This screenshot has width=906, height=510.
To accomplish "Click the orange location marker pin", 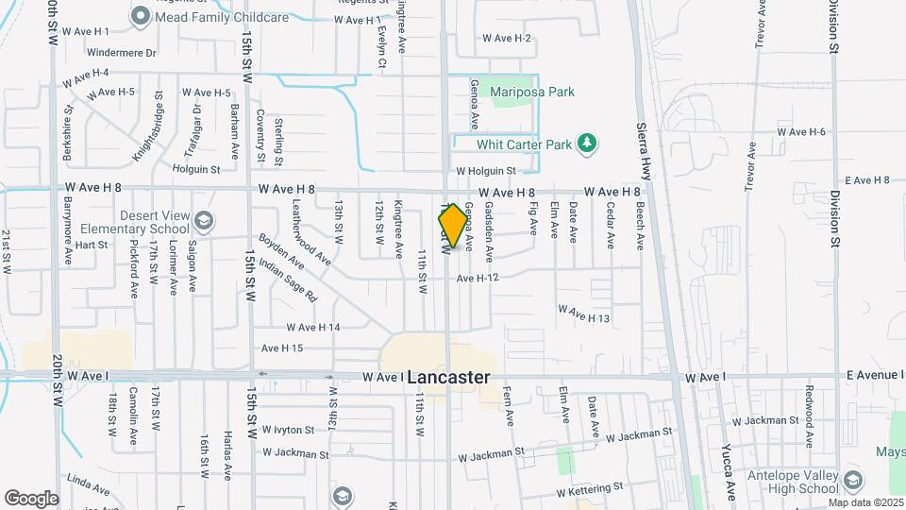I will (453, 226).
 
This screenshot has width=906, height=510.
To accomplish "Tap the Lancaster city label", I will (449, 377).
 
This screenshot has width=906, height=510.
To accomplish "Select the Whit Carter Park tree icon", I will (588, 144).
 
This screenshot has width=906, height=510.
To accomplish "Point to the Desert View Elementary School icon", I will (202, 221).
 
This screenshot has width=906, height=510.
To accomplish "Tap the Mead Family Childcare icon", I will (141, 15).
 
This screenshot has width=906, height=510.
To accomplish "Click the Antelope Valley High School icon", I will (854, 480).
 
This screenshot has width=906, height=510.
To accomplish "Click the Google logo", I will (31, 498).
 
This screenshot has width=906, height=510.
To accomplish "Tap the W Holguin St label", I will (486, 171).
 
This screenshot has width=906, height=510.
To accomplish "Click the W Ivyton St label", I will (289, 429).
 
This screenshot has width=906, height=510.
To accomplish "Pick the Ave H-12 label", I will (477, 278).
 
